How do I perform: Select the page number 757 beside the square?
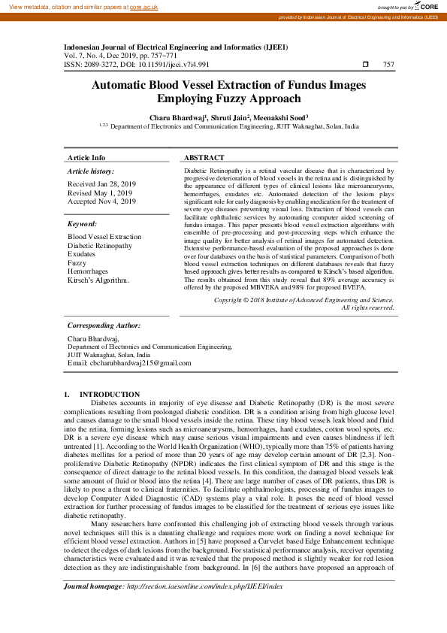(388, 65)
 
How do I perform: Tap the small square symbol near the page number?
(365, 65)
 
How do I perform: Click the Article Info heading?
(86, 158)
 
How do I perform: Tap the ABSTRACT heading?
(204, 158)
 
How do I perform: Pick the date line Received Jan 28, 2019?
(101, 184)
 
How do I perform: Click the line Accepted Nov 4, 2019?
(101, 201)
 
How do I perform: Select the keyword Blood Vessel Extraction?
(104, 237)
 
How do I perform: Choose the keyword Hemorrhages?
(88, 271)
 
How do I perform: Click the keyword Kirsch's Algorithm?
(98, 280)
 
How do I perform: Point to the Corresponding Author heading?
(104, 326)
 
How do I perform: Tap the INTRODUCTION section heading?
(110, 395)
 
